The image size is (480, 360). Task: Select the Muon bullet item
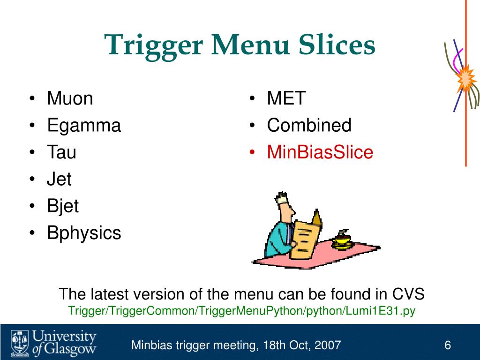70,99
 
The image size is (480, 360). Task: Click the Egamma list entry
84,126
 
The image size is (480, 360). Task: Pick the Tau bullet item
61,152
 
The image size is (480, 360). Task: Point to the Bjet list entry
63,206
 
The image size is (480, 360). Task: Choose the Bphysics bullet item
84,233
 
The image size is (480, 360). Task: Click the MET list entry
286,99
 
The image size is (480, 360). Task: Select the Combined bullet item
309,126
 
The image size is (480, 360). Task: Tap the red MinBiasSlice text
320,152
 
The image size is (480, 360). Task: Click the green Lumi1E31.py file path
242,311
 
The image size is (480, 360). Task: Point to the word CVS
408,294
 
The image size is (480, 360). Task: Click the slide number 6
448,346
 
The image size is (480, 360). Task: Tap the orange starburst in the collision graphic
465,80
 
